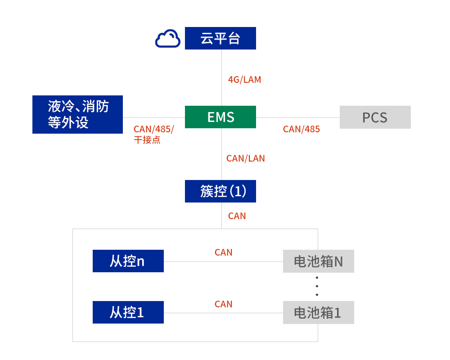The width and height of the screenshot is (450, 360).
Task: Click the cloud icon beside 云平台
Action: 167,39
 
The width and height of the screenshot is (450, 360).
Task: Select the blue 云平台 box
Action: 220,38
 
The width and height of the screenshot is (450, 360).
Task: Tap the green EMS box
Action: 220,117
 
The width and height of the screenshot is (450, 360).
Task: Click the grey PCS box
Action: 375,117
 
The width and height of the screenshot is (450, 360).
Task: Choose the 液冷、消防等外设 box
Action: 77,114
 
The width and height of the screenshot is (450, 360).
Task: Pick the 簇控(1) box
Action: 220,191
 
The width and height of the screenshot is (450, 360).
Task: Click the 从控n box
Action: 128,261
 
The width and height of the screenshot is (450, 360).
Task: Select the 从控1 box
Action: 128,312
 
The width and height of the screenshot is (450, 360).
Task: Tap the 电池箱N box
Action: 318,261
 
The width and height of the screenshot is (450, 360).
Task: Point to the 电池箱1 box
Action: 318,313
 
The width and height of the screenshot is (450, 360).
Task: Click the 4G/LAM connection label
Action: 244,80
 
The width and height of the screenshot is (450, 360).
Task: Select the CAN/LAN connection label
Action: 245,158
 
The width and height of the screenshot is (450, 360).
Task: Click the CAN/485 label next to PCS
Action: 301,130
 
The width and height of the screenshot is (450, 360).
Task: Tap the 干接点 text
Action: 147,140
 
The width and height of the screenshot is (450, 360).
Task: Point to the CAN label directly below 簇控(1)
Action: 237,216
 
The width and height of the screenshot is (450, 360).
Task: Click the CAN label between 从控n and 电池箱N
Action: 223,252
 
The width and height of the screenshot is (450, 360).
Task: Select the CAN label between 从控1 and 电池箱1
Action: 223,304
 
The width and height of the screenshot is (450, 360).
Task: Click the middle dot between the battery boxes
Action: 317,286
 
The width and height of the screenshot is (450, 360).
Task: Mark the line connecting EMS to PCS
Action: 297,118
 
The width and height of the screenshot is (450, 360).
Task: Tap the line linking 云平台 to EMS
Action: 221,63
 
